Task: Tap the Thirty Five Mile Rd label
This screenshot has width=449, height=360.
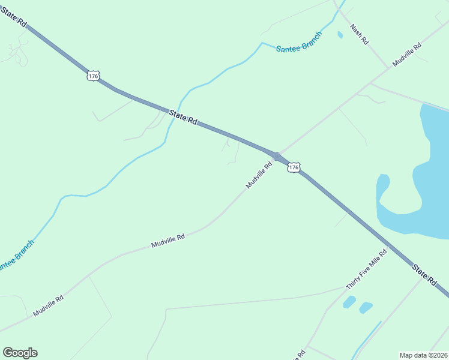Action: coord(367,269)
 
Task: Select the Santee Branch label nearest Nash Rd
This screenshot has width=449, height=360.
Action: coord(299,41)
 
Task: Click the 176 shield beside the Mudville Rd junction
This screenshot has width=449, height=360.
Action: coord(293,168)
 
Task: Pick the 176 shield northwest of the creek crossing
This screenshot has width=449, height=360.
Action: coord(92,76)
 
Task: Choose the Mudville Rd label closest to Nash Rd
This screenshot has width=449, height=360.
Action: coord(407,54)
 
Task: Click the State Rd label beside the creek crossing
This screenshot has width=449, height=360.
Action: coord(183,117)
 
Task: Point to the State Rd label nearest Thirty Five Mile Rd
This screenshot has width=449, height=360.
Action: coord(424,273)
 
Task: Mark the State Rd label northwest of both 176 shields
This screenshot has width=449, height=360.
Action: coord(14,16)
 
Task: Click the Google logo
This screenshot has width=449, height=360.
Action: coord(20,353)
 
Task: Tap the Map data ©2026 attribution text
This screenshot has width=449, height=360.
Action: coord(424,355)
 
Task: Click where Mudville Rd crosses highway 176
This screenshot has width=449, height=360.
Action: coord(276,156)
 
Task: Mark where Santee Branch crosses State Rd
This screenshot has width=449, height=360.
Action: coord(172,112)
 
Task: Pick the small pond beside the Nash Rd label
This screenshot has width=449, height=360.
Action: coord(340,35)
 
